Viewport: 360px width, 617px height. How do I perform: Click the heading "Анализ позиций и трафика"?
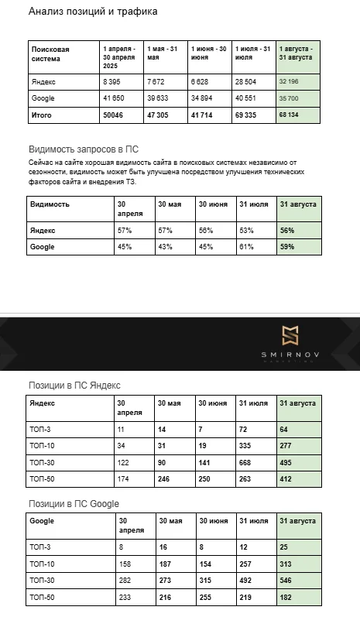click(93, 12)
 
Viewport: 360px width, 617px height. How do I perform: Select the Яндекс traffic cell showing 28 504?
click(249, 81)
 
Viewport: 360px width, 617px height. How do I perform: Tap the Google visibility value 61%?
click(249, 247)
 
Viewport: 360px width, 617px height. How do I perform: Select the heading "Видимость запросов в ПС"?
click(83, 149)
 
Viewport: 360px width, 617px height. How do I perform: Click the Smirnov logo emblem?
click(290, 335)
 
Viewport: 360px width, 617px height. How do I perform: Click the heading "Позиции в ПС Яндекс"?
click(74, 385)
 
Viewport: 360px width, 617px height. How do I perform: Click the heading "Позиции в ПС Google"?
click(74, 504)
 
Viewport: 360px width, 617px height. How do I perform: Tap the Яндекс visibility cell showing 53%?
click(249, 230)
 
